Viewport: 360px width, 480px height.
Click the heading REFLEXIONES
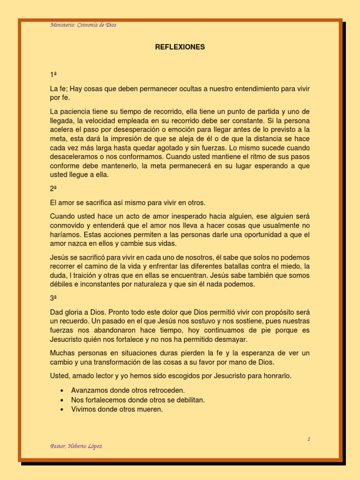[180, 47]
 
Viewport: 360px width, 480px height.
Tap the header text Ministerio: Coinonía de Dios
[83, 25]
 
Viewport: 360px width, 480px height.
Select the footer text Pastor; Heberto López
[76, 446]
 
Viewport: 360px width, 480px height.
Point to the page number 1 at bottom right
[309, 439]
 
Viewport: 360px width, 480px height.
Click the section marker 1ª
[53, 75]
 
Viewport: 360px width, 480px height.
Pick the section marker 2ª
[53, 189]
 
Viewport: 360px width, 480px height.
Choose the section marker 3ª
[53, 298]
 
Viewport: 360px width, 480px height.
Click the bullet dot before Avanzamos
[62, 390]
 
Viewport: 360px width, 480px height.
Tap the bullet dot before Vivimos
[62, 409]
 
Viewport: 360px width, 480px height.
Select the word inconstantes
[100, 285]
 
